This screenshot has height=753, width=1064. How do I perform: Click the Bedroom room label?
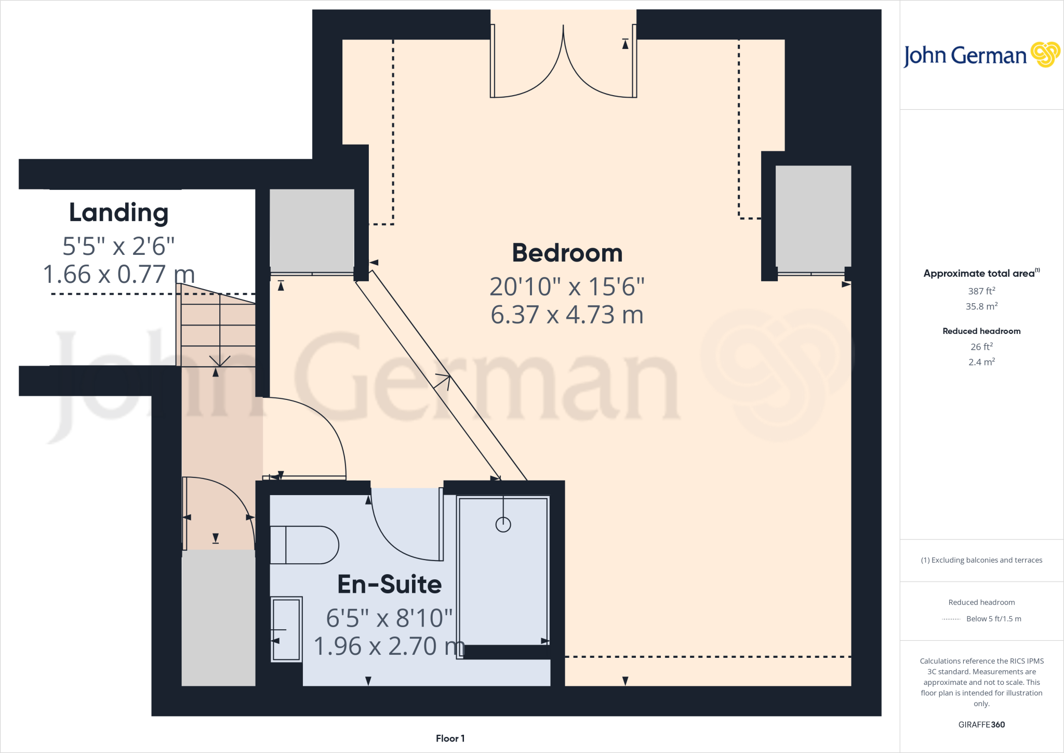pyautogui.click(x=567, y=253)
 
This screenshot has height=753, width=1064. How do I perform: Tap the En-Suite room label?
pyautogui.click(x=390, y=585)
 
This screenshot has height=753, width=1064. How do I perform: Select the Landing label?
pyautogui.click(x=119, y=213)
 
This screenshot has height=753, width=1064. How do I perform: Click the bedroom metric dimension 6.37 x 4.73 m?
pyautogui.click(x=567, y=315)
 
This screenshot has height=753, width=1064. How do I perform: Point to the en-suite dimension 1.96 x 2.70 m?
pyautogui.click(x=390, y=646)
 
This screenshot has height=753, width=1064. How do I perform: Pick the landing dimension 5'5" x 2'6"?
pyautogui.click(x=118, y=246)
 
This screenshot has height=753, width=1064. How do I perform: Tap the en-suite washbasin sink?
pyautogui.click(x=286, y=629)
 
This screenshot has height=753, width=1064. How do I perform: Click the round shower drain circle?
pyautogui.click(x=503, y=525)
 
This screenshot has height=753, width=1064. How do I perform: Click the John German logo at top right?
pyautogui.click(x=981, y=55)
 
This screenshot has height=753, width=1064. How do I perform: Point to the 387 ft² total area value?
pyautogui.click(x=981, y=291)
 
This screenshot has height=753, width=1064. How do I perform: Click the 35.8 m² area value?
pyautogui.click(x=981, y=306)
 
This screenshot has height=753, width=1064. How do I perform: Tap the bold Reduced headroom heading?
pyautogui.click(x=981, y=331)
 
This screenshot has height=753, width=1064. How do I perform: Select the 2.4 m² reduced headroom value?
pyautogui.click(x=981, y=362)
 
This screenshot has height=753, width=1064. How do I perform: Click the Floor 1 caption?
pyautogui.click(x=450, y=738)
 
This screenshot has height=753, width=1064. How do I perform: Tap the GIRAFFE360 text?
pyautogui.click(x=981, y=724)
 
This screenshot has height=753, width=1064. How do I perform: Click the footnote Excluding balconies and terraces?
pyautogui.click(x=981, y=560)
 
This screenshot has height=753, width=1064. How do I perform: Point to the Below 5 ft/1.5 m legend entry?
pyautogui.click(x=993, y=619)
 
